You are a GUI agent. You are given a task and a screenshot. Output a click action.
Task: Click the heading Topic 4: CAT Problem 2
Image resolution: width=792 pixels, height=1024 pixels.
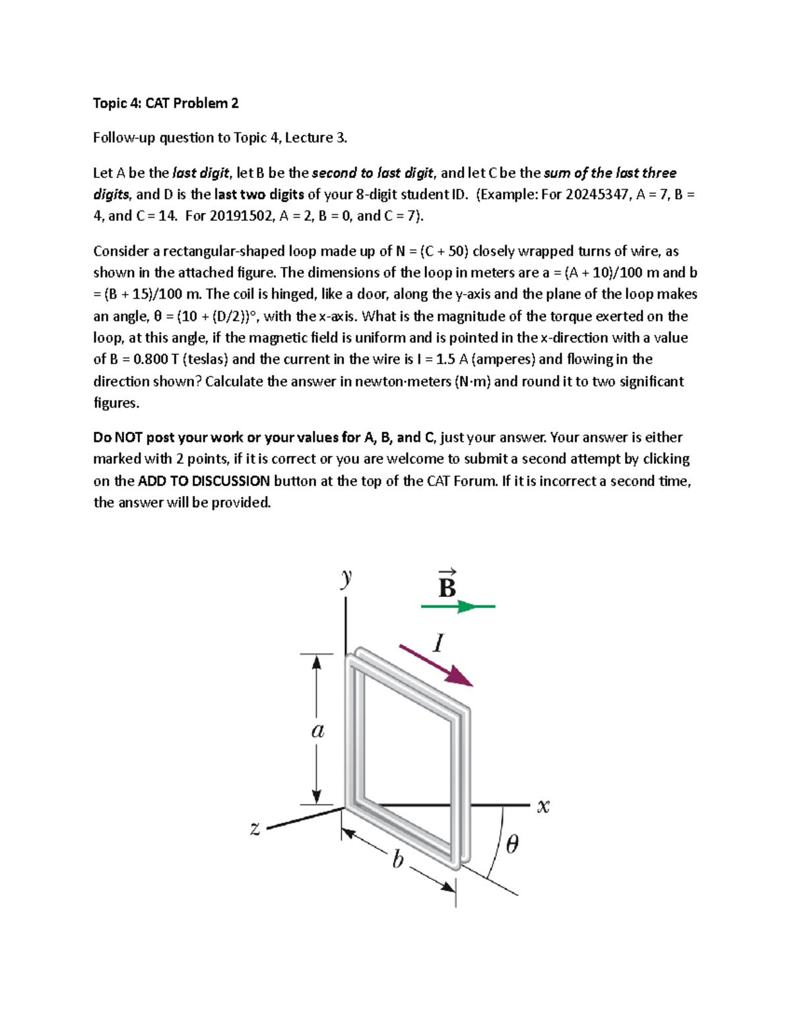166,103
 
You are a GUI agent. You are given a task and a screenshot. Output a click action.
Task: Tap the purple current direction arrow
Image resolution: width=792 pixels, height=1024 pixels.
436,665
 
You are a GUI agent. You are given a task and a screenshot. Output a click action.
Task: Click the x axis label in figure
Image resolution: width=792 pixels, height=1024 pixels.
543,806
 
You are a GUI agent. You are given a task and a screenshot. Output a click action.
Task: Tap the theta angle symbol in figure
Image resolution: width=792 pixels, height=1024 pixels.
512,844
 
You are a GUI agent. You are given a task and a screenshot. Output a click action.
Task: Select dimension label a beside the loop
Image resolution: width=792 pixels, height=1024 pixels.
317,731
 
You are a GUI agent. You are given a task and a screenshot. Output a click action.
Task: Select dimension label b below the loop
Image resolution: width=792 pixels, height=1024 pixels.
397,860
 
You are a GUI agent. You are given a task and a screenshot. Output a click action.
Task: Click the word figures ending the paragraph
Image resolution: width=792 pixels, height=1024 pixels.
116,403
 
